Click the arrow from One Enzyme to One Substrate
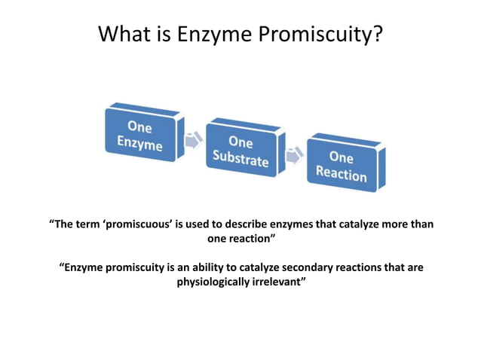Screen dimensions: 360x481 (x=192, y=140)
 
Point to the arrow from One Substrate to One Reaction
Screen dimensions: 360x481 (x=293, y=154)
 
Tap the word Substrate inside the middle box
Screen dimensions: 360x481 (x=240, y=160)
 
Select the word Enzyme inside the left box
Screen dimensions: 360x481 (x=139, y=143)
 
